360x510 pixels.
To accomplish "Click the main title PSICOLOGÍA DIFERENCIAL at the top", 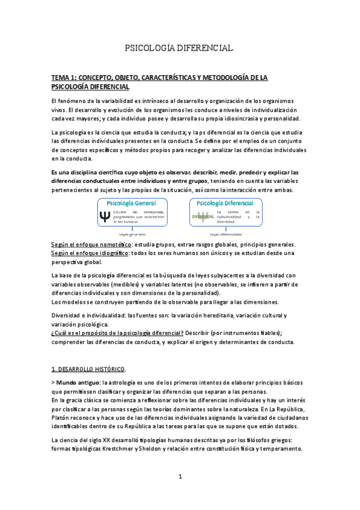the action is (x=179, y=47).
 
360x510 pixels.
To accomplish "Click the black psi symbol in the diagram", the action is (x=106, y=215).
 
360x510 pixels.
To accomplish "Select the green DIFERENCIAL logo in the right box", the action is (x=203, y=216).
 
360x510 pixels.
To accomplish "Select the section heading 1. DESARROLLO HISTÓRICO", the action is (x=89, y=369).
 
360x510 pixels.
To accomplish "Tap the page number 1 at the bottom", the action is (x=180, y=476).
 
